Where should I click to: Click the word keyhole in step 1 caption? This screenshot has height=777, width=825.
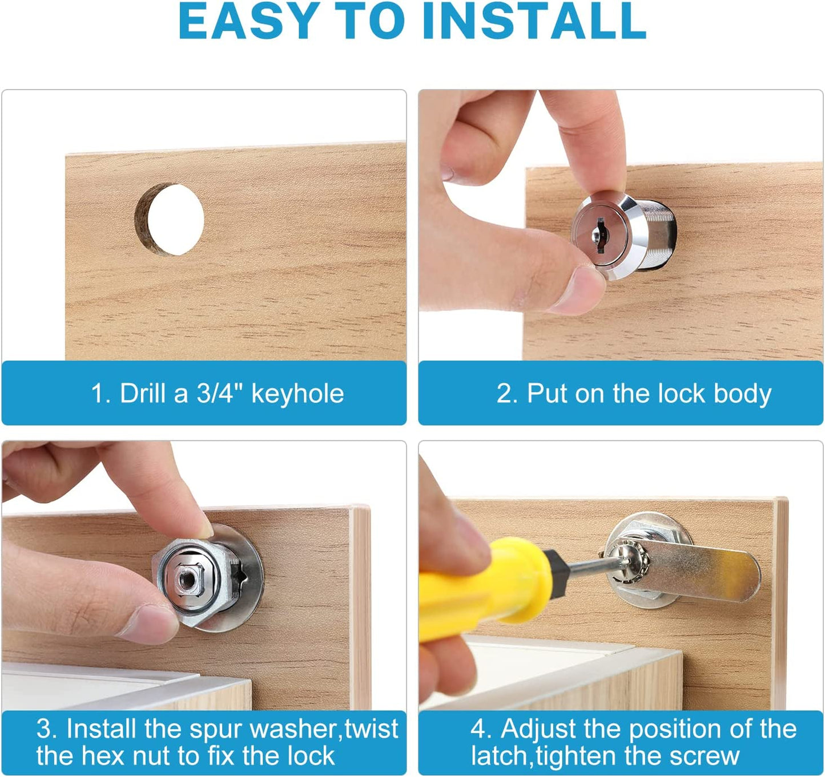(297, 394)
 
